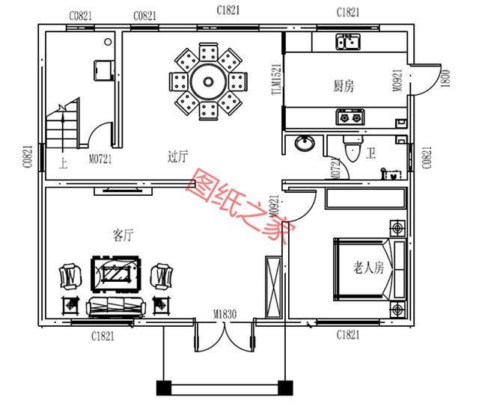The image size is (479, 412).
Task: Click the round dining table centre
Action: pyautogui.click(x=203, y=80)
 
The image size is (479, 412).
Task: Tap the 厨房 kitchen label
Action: pyautogui.click(x=344, y=87)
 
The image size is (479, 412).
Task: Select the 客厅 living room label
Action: pyautogui.click(x=123, y=236)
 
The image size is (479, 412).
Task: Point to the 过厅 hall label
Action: pyautogui.click(x=177, y=156)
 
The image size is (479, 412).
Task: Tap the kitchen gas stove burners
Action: pyautogui.click(x=350, y=117)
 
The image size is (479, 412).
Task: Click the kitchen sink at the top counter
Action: pyautogui.click(x=347, y=42)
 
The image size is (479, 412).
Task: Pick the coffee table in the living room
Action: pyautogui.click(x=113, y=274)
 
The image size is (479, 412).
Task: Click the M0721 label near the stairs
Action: pyautogui.click(x=100, y=159)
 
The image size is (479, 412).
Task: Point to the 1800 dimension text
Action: pyautogui.click(x=447, y=77)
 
